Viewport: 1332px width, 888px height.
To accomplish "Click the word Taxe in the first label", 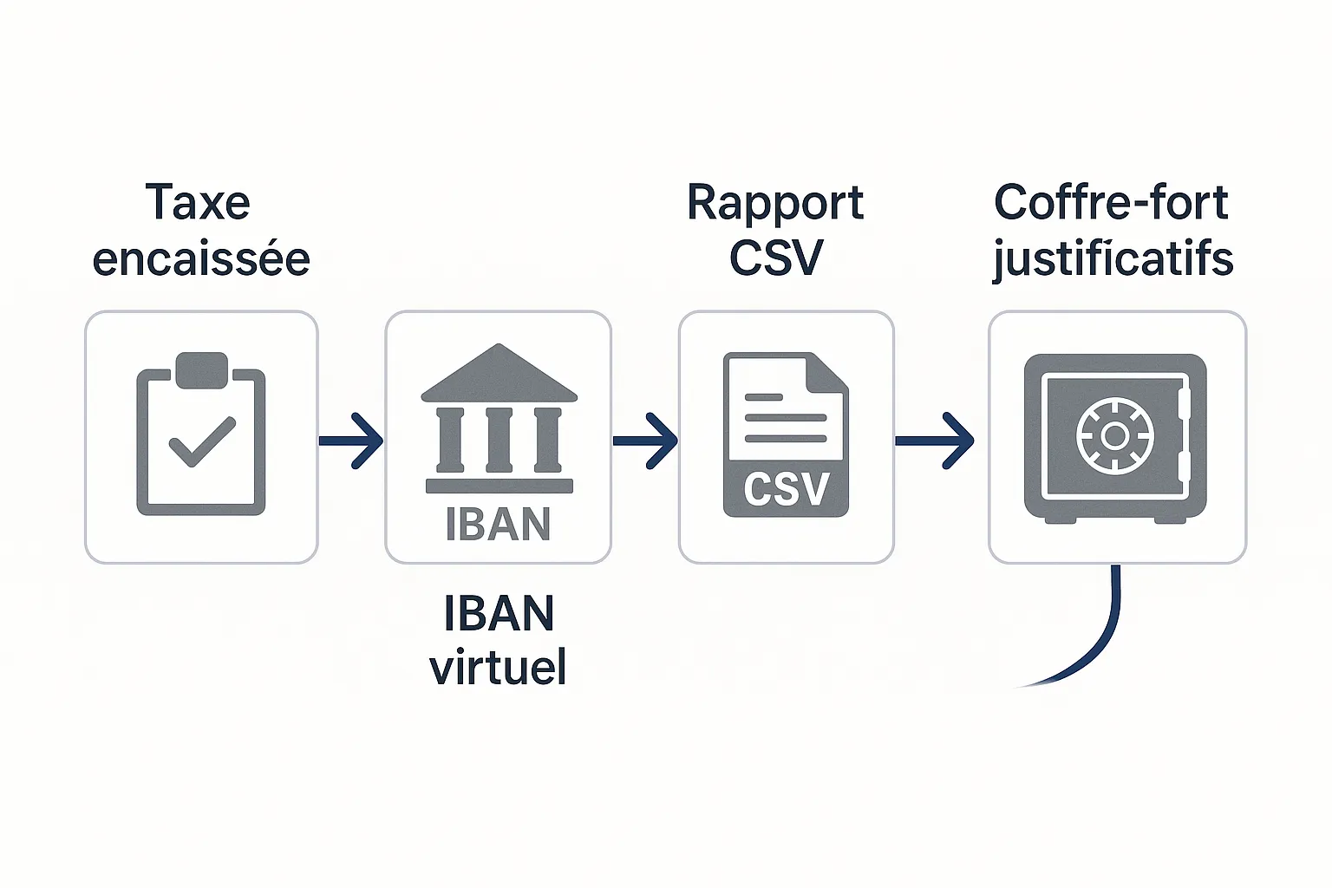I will coord(198,203).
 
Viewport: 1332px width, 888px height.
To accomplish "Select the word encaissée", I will coord(201,259).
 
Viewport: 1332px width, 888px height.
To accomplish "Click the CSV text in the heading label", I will coord(775,258).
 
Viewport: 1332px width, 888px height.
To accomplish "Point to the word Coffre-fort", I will coord(1111,203).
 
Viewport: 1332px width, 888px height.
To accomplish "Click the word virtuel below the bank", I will coord(498,667).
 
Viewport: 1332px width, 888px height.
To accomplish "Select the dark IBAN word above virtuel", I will coord(499,614).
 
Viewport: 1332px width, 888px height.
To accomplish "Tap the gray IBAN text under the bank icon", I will coord(498,525).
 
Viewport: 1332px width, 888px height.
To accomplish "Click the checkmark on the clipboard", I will coord(202,441).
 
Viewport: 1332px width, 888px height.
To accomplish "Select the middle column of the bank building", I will coord(499,440).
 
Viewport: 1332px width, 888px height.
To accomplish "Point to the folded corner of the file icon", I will coord(828,371).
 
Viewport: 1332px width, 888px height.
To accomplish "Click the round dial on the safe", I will coord(1115,435).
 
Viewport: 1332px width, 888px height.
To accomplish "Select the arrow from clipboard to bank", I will coord(351,441).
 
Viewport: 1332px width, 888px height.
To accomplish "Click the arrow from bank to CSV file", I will coord(645,441).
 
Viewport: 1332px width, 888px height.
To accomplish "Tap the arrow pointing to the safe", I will coord(935,441).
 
